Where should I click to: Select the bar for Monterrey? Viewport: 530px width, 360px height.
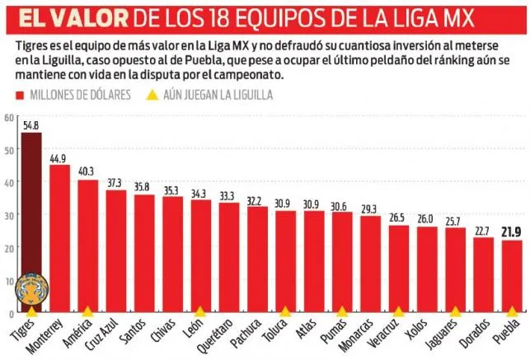click(x=59, y=239)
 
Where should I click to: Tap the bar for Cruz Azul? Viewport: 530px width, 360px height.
click(x=116, y=251)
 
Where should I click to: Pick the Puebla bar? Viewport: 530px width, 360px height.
click(x=512, y=277)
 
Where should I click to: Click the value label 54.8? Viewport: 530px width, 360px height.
click(x=31, y=126)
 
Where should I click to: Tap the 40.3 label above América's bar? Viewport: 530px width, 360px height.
click(x=87, y=172)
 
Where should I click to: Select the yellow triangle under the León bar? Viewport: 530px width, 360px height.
click(x=200, y=312)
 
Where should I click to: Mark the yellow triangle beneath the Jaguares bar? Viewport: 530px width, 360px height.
click(x=455, y=312)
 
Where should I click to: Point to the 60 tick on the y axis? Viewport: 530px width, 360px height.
click(x=9, y=117)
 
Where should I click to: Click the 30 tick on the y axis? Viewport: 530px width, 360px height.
click(x=9, y=215)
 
